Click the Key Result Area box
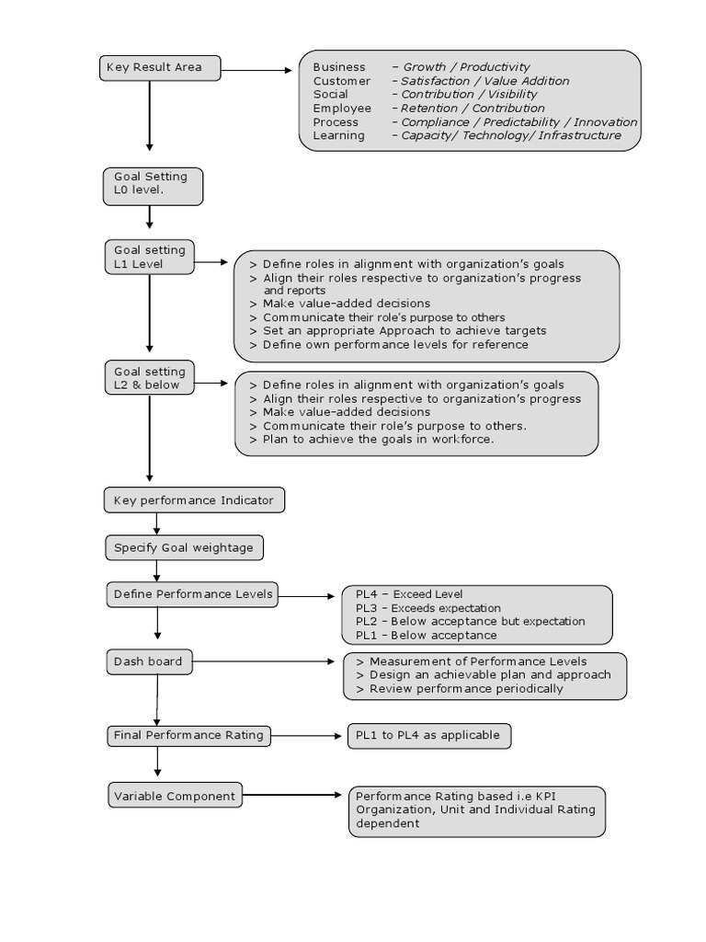(x=160, y=68)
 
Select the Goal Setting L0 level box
(x=154, y=186)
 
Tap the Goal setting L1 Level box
(x=150, y=258)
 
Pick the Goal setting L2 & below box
(x=150, y=378)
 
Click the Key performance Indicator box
(x=194, y=500)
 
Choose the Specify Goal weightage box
(x=184, y=547)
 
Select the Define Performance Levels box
(x=192, y=594)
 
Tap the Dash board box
(x=150, y=661)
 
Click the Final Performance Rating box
(x=188, y=735)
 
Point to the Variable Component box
(x=176, y=795)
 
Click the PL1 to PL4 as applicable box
(x=429, y=736)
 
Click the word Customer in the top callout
(x=342, y=81)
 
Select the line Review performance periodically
(x=466, y=689)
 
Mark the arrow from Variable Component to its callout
(x=292, y=795)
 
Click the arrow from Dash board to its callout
(x=264, y=661)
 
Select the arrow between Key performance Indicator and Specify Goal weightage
(x=156, y=523)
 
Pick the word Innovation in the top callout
(x=605, y=122)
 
